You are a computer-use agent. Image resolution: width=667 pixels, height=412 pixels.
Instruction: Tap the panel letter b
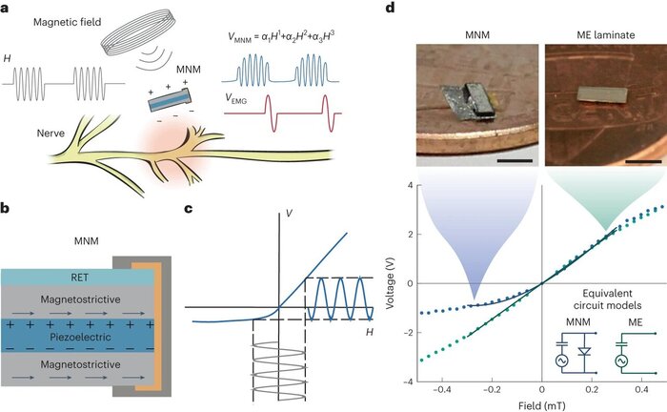[x=8, y=208]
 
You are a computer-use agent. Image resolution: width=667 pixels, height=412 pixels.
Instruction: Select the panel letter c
[x=222, y=208]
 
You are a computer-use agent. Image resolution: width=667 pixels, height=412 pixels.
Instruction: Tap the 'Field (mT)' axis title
[x=541, y=405]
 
